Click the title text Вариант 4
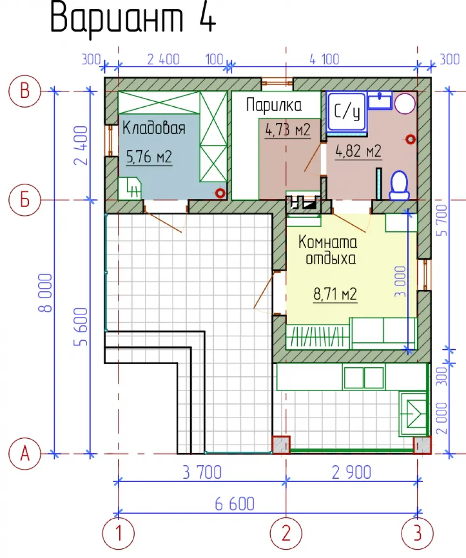(133, 18)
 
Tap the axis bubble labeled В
(25, 91)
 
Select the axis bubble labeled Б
(25, 200)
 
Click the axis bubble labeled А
(25, 454)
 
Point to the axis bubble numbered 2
(286, 533)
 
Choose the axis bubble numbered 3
(417, 533)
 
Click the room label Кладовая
(154, 128)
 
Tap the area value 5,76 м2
(149, 157)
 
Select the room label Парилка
(274, 105)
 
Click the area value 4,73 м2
(288, 130)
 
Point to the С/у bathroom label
(347, 111)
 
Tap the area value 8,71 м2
(335, 294)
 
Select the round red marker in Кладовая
(220, 193)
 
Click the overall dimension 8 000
(46, 293)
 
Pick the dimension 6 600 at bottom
(234, 504)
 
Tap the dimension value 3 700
(202, 472)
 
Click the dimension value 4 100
(324, 59)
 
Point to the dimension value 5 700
(441, 220)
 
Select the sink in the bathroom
(380, 100)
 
